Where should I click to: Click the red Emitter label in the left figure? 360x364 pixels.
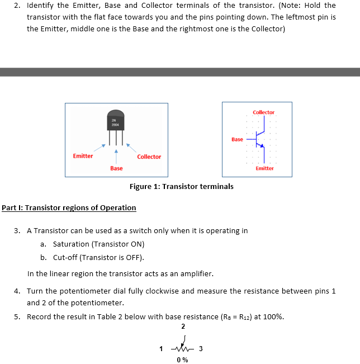(x=83, y=156)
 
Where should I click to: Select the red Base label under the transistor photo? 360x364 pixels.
(x=116, y=168)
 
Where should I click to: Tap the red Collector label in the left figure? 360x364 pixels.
(x=149, y=157)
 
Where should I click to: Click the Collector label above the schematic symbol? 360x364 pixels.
(x=263, y=112)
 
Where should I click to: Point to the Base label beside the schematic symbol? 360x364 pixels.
(x=237, y=139)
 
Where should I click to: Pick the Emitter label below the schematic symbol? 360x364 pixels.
(x=264, y=168)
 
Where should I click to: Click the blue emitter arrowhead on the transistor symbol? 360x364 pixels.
(x=261, y=146)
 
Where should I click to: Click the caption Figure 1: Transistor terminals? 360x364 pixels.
(x=181, y=187)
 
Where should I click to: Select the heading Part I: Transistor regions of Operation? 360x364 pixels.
(x=69, y=208)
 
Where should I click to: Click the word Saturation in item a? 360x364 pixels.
(x=70, y=244)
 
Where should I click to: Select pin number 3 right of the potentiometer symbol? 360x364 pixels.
(x=201, y=349)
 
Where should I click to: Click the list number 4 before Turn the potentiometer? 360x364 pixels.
(x=17, y=291)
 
